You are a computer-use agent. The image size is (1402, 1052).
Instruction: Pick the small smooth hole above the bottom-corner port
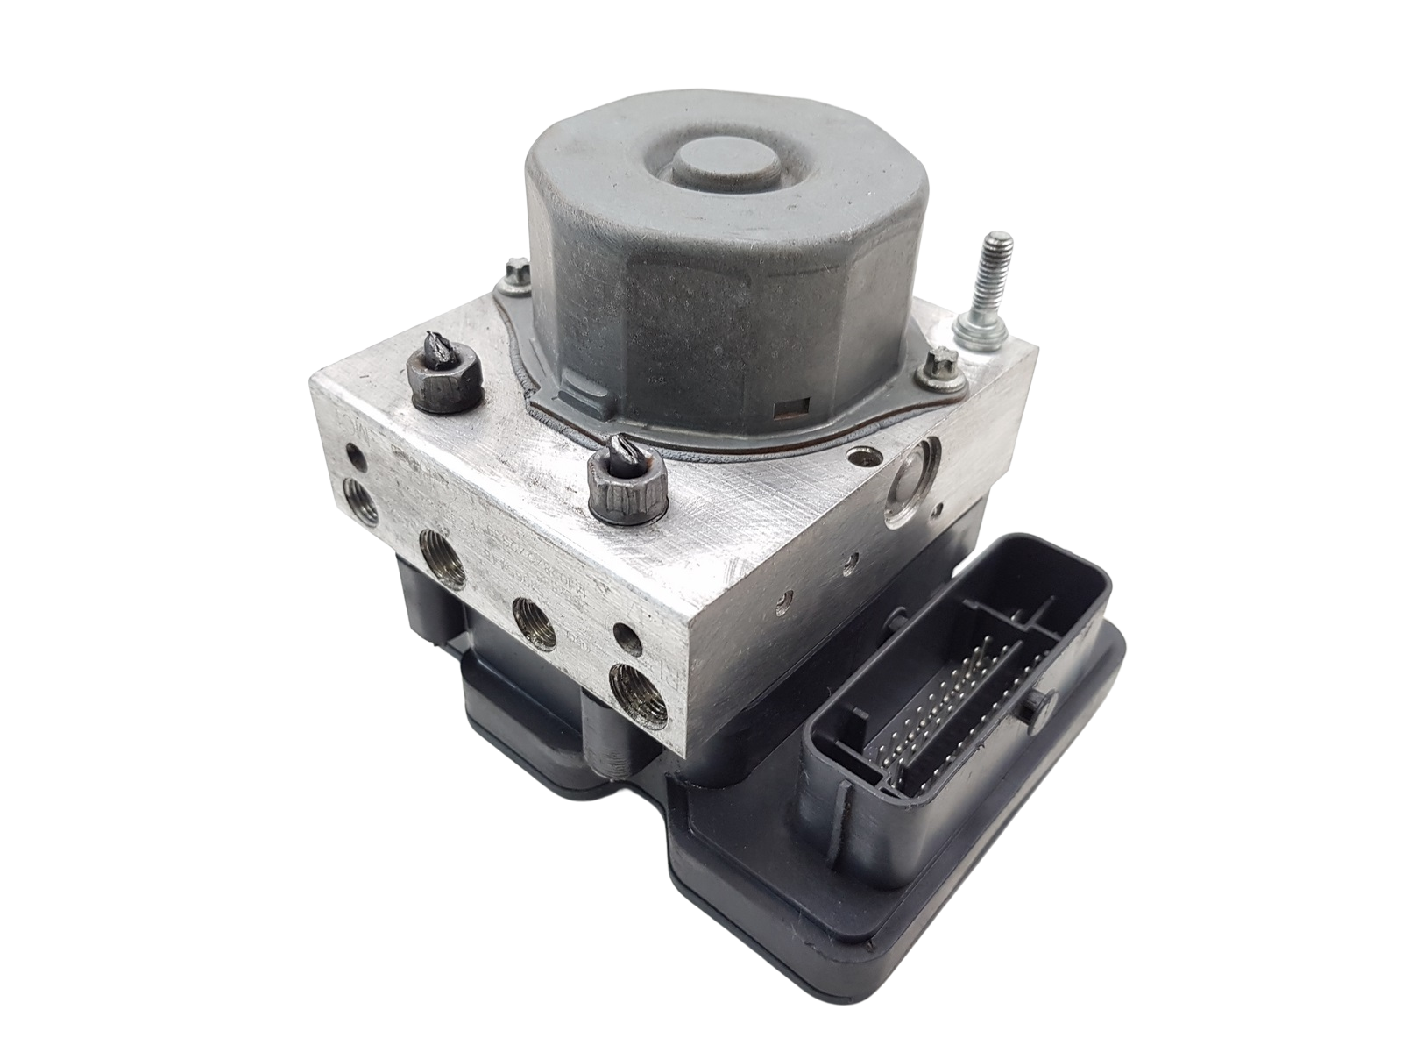tap(624, 633)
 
